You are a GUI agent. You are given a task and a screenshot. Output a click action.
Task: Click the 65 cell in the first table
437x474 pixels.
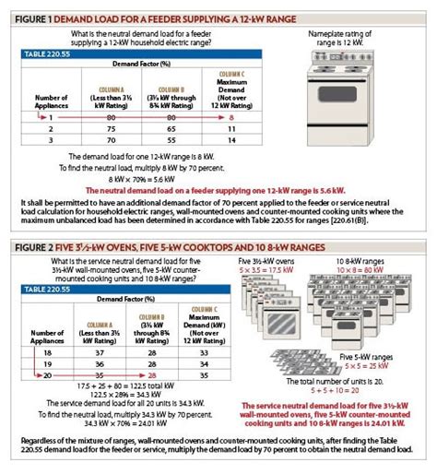[171, 130]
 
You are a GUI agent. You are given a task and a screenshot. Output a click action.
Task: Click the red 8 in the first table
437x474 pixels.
[232, 118]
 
